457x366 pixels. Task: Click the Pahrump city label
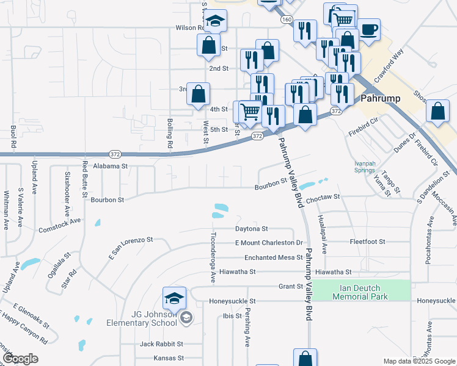[381, 98]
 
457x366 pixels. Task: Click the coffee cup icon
[369, 29]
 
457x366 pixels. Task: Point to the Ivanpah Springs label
[365, 167]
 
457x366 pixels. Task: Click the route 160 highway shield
[287, 20]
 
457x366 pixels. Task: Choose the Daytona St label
[252, 229]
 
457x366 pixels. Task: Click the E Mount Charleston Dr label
[269, 243]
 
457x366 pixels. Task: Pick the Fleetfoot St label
[367, 242]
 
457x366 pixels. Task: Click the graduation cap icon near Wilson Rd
[215, 22]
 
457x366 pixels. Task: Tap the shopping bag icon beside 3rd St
[198, 95]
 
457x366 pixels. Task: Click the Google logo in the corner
[20, 358]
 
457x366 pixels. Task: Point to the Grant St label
[291, 286]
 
